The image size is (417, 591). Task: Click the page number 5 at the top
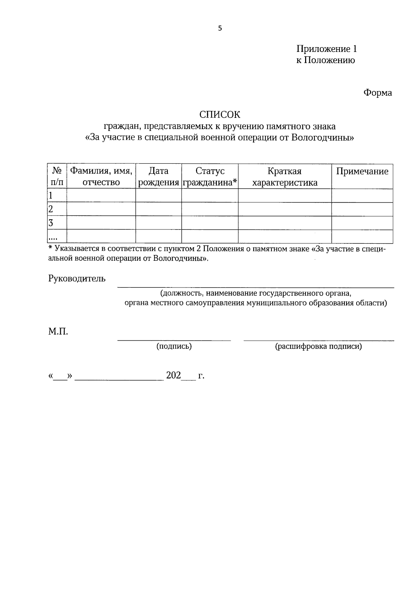pos(220,29)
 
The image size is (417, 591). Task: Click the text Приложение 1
pos(326,49)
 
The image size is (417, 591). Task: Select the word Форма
pos(377,93)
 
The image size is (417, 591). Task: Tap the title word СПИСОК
pos(220,114)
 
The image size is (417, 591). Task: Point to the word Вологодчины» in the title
pos(322,137)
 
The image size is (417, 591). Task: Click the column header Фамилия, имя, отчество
pos(101,176)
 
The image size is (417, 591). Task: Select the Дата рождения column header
pos(158,176)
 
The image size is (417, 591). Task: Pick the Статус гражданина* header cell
pos(210,176)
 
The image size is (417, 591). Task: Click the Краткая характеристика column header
pos(285,176)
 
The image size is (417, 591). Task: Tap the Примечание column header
pos(362,171)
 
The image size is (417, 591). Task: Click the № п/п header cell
pos(57,176)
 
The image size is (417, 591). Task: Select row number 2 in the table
pos(51,209)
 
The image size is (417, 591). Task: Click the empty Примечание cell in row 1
pos(362,195)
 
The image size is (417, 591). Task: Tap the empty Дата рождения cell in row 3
pos(158,222)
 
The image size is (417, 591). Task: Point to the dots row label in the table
pos(53,238)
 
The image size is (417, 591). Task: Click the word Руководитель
pos(77,278)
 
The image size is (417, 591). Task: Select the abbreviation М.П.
pos(58,332)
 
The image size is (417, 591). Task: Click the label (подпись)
pos(174,346)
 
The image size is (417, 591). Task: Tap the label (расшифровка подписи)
pos(318,346)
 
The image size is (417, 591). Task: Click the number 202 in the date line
pos(173,375)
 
